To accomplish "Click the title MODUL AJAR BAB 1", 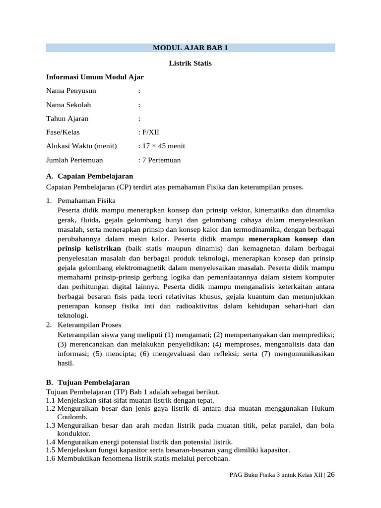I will click(x=190, y=48).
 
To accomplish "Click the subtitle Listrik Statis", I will click(x=190, y=63).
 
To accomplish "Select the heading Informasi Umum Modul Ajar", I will click(x=95, y=77).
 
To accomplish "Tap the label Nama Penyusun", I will click(x=71, y=91).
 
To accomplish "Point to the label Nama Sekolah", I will click(x=68, y=105).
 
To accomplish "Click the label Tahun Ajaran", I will click(x=67, y=119).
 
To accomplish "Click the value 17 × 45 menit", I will click(x=163, y=146).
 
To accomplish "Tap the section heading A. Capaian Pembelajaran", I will click(x=89, y=176).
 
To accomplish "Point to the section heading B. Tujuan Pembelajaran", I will click(x=88, y=382).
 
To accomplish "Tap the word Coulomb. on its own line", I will click(x=72, y=417).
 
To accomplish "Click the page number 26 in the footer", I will click(x=331, y=475).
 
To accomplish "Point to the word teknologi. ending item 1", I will click(x=73, y=315).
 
